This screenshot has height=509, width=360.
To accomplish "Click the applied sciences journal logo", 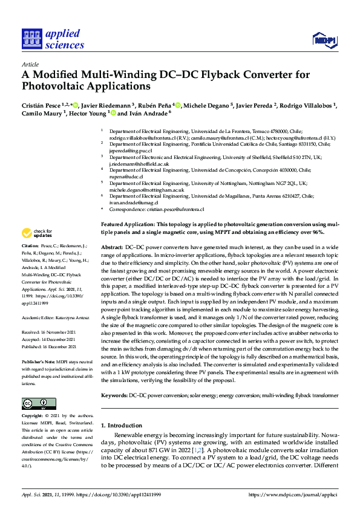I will click(x=53, y=39).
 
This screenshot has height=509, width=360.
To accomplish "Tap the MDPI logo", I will click(x=325, y=40).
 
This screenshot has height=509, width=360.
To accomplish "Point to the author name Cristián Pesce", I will click(x=41, y=105).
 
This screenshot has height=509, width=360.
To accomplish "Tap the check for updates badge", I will click(x=36, y=233).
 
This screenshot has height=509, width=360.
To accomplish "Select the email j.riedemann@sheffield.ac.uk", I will click(x=139, y=164).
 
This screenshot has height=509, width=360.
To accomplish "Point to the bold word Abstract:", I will click(x=112, y=248).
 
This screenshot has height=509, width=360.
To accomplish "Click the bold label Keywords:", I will click(x=114, y=395).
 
